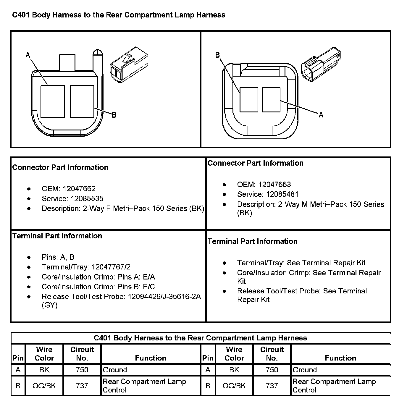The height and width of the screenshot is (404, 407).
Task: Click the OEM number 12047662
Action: point(79,189)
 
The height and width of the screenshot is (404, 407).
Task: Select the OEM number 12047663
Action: point(274,185)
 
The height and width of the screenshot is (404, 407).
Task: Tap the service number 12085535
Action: point(87,198)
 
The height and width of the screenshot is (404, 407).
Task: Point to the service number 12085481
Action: point(282,194)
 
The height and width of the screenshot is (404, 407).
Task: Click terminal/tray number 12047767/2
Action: point(111,267)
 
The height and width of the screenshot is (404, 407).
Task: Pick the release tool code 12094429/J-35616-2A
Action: point(164,296)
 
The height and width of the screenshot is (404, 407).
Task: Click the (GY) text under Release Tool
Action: point(49,305)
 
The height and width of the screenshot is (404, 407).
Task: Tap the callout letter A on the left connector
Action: point(28,55)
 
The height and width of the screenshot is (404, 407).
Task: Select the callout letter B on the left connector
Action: point(114,115)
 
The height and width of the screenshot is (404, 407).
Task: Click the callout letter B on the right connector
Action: point(217,55)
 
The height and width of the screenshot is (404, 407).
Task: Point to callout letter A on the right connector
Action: point(321,115)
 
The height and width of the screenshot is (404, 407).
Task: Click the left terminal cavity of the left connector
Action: point(52,101)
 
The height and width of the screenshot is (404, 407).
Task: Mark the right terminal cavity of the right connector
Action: point(271,100)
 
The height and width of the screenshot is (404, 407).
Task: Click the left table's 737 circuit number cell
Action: point(82,386)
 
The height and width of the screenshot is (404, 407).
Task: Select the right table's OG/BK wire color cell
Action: point(234,386)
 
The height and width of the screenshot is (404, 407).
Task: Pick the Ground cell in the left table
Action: point(115,370)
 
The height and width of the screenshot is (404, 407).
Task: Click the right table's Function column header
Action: point(340,358)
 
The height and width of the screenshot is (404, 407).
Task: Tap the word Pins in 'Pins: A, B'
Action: point(49,257)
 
